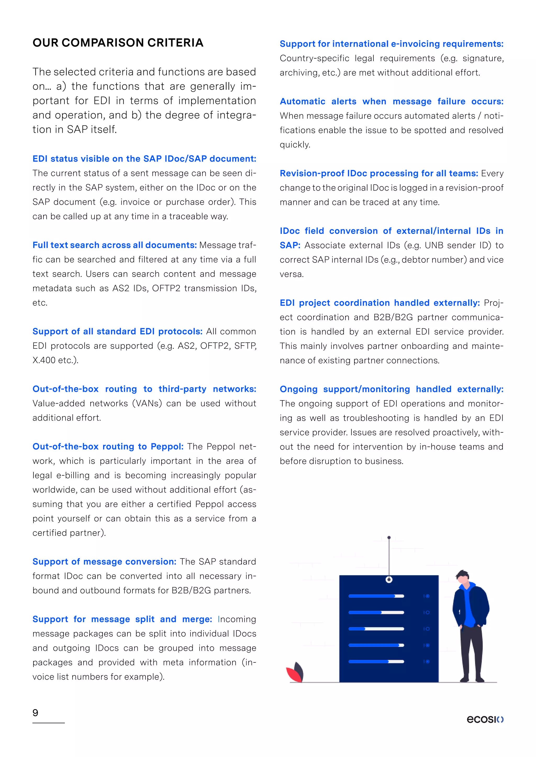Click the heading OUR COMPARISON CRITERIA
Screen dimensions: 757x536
[118, 43]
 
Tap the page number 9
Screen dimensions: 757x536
[35, 713]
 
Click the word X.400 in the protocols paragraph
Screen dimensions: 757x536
[44, 360]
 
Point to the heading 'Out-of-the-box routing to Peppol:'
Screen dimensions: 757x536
[108, 446]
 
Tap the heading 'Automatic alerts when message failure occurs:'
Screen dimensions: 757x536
[392, 101]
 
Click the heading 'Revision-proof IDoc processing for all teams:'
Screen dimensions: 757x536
[378, 173]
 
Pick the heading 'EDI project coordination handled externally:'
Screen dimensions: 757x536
[379, 303]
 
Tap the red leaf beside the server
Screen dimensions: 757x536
[294, 674]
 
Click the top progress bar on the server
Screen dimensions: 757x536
[376, 596]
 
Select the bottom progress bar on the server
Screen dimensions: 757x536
[376, 662]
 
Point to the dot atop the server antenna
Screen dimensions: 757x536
[389, 538]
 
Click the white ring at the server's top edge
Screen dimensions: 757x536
[389, 580]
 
